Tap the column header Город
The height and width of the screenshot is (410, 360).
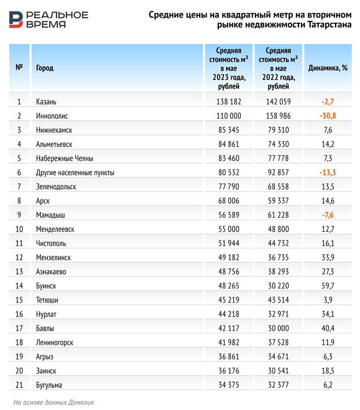click(x=45, y=68)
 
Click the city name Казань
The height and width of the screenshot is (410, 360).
click(x=46, y=102)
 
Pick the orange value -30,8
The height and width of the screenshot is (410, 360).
click(x=328, y=116)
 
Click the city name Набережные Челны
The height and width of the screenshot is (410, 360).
click(x=64, y=158)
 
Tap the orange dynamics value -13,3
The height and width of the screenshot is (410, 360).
click(x=328, y=172)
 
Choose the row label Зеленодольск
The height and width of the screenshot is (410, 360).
click(x=56, y=186)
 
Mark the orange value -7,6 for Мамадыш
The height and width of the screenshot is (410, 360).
click(x=328, y=215)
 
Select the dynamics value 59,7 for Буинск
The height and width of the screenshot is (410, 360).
click(x=328, y=286)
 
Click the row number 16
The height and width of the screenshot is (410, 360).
click(x=19, y=314)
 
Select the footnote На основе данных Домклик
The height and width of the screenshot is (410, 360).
click(x=53, y=402)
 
